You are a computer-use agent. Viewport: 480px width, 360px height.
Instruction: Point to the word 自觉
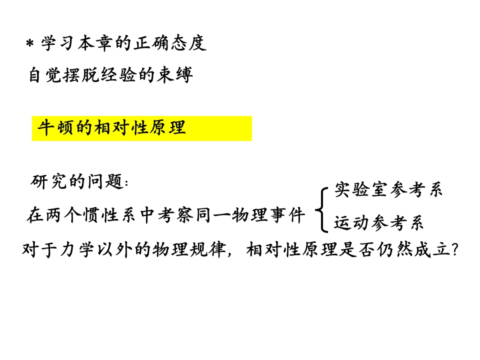43,76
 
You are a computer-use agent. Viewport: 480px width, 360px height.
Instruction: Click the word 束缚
178,76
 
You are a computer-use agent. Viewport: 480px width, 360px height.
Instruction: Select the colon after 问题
125,182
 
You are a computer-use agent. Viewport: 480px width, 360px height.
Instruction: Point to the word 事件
289,216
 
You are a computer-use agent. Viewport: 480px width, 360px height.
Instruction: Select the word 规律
214,248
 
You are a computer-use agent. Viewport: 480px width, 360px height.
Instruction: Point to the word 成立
431,248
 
